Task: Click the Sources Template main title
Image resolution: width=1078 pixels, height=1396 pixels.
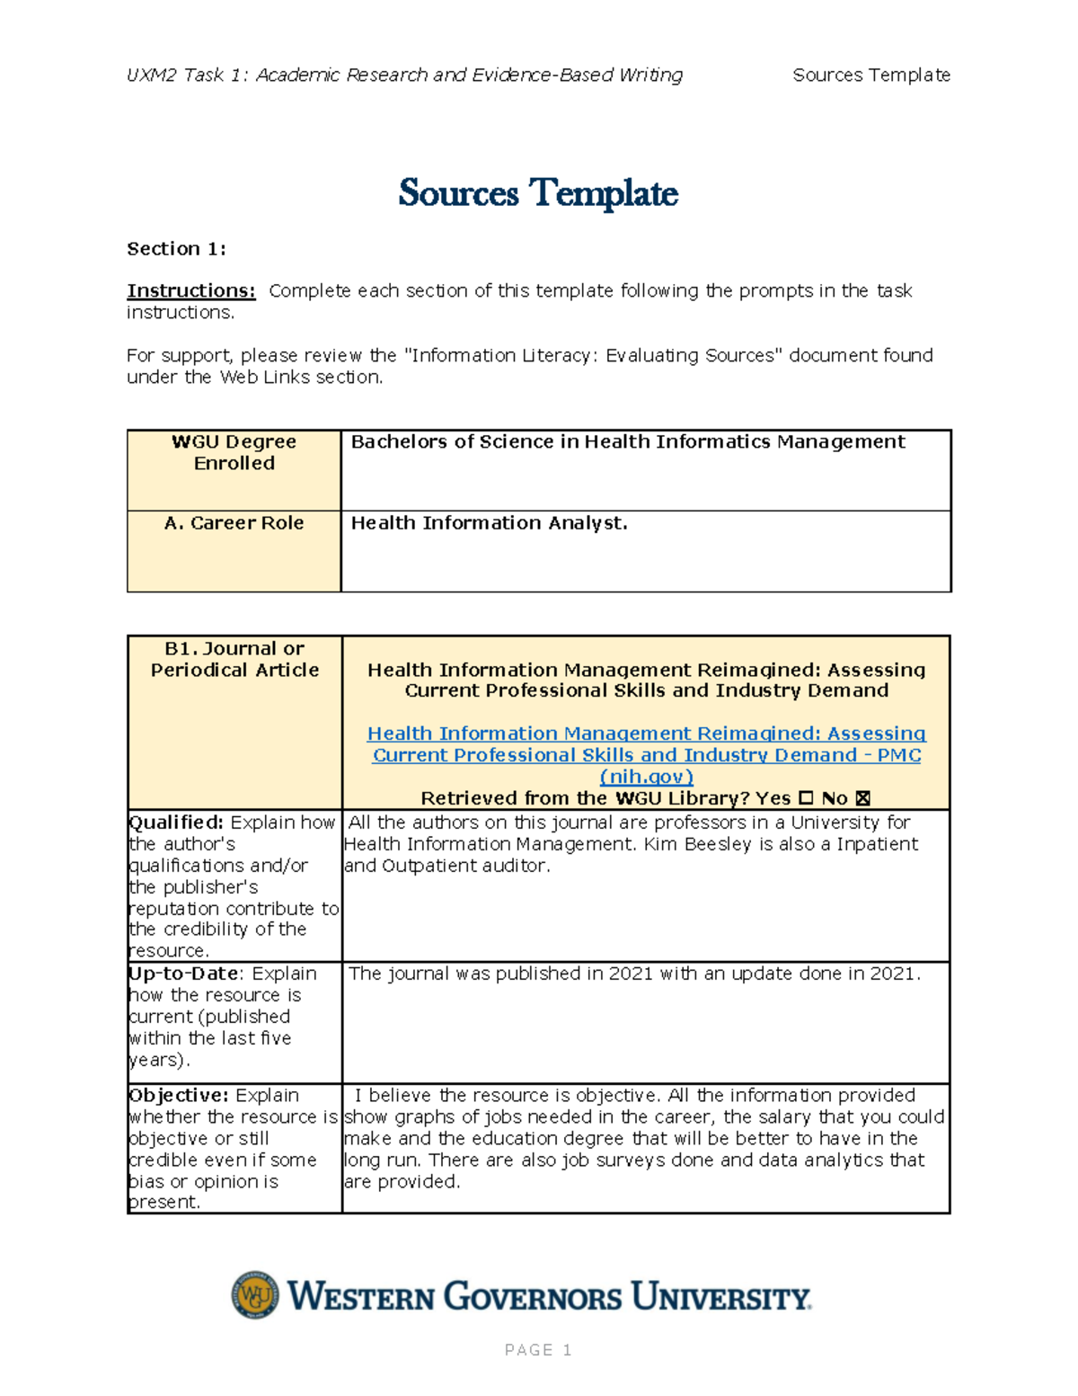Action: click(538, 193)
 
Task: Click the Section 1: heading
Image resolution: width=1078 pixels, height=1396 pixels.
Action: click(176, 249)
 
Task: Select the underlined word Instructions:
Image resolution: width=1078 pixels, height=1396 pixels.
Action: click(190, 291)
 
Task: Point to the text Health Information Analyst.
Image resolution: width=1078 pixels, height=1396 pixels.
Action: click(489, 523)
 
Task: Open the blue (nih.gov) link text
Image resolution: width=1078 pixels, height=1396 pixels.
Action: click(646, 777)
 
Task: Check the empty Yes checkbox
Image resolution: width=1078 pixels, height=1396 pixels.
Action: click(806, 798)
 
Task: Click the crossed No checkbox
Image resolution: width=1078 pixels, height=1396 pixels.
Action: click(863, 798)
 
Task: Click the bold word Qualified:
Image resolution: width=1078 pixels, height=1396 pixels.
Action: click(176, 822)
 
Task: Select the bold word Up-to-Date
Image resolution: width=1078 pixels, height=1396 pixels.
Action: click(184, 974)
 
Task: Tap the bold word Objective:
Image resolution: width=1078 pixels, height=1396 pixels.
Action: click(178, 1096)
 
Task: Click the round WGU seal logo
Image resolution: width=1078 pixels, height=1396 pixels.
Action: click(255, 1295)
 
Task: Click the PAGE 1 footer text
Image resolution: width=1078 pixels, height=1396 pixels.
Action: click(538, 1350)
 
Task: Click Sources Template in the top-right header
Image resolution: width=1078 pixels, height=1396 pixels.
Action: click(870, 76)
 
